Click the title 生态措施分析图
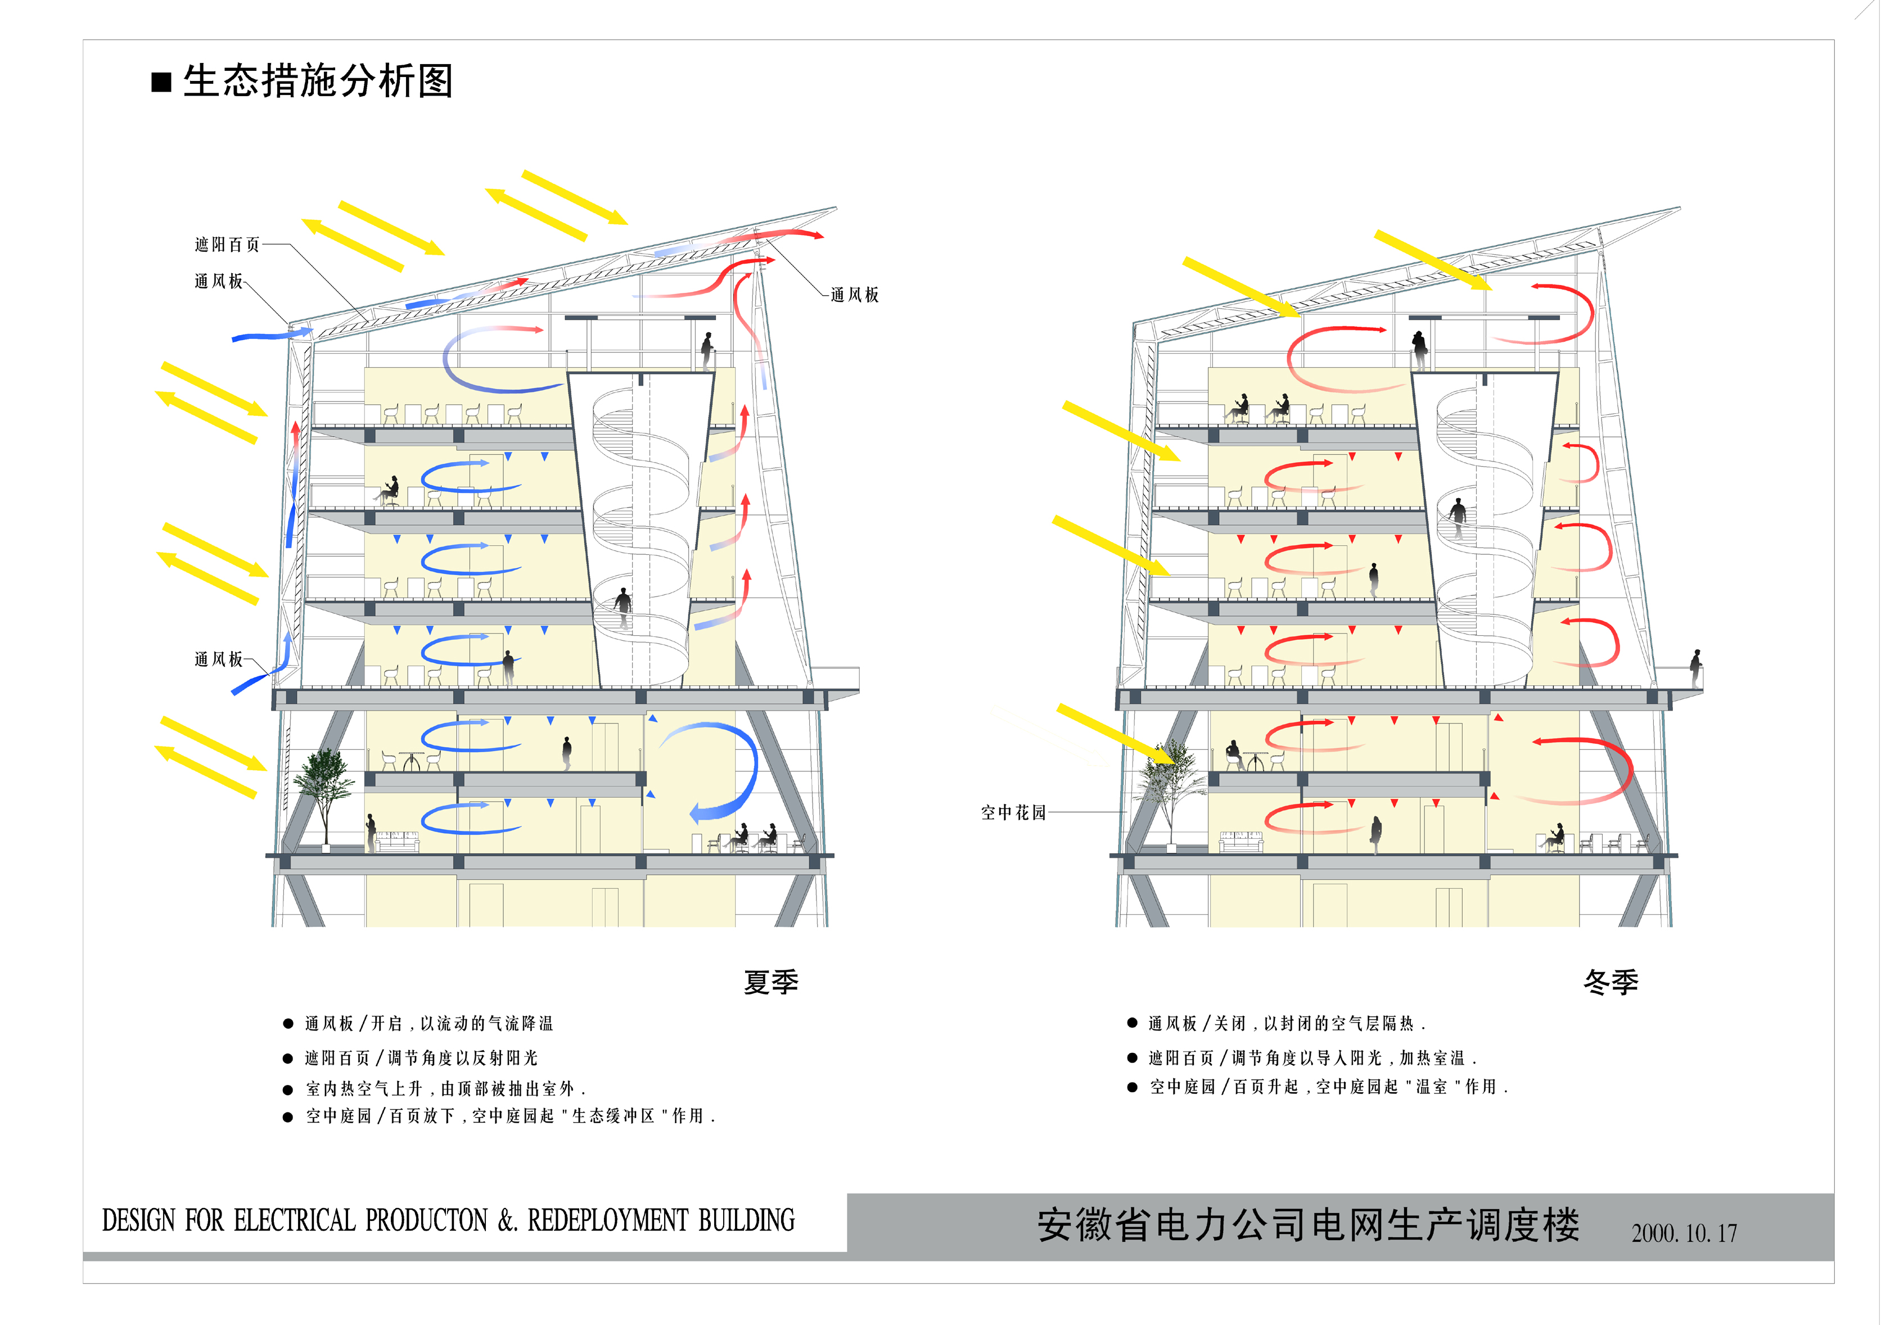[318, 81]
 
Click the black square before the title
[161, 83]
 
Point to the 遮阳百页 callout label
[228, 244]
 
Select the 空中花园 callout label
[1013, 812]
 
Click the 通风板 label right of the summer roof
[855, 295]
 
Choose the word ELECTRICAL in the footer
[295, 1220]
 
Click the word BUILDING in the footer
[746, 1220]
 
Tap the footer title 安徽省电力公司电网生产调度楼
[1309, 1225]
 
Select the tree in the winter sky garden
[1169, 790]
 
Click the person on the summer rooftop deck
[707, 350]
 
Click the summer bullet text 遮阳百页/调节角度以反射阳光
[421, 1058]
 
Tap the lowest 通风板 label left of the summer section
[219, 659]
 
